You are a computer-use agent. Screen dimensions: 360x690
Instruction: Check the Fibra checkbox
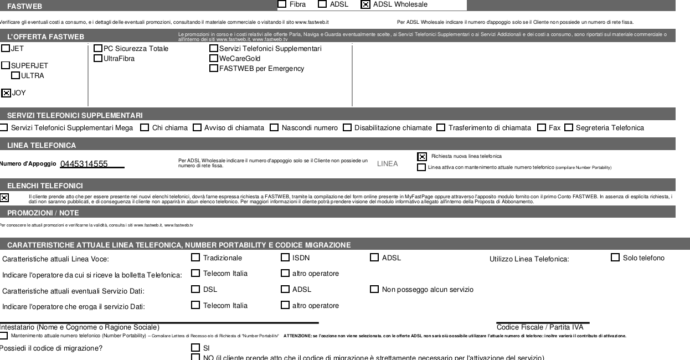(x=282, y=4)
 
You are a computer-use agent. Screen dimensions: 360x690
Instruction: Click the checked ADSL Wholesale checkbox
(x=365, y=4)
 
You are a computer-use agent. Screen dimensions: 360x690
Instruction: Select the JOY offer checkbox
(x=6, y=93)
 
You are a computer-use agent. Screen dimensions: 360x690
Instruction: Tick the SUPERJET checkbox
(x=6, y=65)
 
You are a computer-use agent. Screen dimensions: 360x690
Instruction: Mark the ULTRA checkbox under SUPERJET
(x=16, y=75)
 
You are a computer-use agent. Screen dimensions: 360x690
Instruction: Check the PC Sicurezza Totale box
(x=98, y=49)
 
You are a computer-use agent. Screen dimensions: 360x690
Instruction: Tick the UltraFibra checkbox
(x=98, y=58)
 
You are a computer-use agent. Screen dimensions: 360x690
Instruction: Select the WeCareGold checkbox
(x=213, y=58)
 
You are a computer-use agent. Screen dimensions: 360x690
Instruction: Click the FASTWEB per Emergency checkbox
(x=213, y=69)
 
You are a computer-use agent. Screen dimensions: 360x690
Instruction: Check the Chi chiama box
(x=145, y=128)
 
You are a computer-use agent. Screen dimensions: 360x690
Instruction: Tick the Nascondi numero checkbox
(x=274, y=128)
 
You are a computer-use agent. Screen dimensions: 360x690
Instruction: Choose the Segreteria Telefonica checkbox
(x=569, y=128)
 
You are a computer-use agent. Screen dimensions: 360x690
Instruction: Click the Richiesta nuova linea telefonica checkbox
(x=422, y=157)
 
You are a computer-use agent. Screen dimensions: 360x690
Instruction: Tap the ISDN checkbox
(x=285, y=258)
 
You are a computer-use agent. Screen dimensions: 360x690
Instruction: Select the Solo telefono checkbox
(x=615, y=258)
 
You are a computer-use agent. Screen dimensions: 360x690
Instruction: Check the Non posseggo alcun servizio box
(x=374, y=289)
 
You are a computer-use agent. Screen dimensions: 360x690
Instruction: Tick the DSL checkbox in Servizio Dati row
(x=195, y=289)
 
